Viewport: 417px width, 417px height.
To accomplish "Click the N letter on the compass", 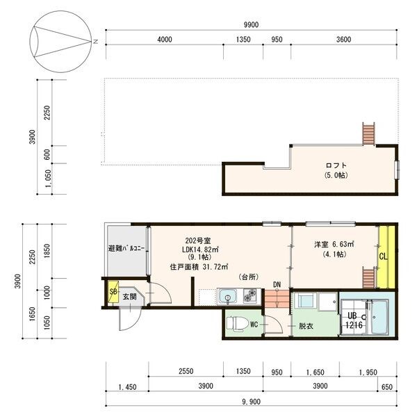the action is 96,42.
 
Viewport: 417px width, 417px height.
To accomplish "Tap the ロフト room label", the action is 336,165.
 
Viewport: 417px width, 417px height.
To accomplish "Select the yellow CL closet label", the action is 383,256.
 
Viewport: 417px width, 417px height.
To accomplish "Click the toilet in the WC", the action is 236,324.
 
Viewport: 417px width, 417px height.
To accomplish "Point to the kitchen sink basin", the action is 227,297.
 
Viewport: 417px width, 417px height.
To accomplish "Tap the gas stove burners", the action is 250,296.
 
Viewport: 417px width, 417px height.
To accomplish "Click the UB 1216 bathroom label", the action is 354,320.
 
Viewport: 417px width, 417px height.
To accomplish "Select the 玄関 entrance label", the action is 129,296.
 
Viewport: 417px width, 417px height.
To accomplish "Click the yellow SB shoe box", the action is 113,292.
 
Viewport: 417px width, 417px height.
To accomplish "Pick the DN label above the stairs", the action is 277,284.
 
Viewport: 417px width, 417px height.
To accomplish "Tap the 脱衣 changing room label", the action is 306,326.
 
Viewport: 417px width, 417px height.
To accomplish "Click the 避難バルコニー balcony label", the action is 126,249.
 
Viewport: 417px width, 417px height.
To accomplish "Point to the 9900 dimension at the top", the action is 251,25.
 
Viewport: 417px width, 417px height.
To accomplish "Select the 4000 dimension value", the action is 165,40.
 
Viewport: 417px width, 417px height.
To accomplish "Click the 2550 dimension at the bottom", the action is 186,371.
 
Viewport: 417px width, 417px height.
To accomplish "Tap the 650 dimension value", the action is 387,387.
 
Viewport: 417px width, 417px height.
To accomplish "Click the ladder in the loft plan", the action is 368,133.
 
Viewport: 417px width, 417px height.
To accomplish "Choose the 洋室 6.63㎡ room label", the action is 334,244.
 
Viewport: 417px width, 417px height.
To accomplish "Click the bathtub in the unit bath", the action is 380,317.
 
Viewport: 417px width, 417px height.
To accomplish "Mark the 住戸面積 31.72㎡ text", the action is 199,267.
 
